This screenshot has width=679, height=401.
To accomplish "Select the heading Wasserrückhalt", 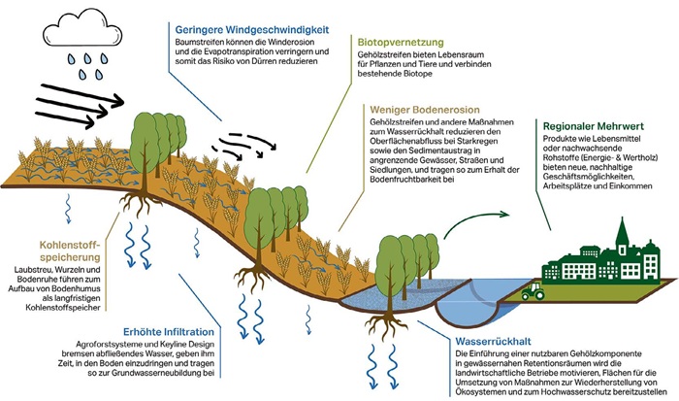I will (494, 342).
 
